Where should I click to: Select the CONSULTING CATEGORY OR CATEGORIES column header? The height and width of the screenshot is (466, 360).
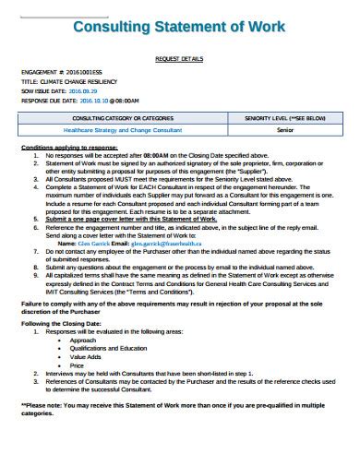(x=129, y=119)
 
